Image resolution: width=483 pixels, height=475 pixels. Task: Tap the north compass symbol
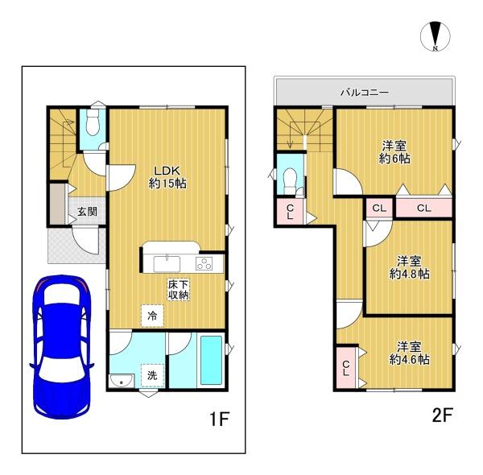(x=436, y=36)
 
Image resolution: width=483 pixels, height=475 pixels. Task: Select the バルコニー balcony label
(x=365, y=93)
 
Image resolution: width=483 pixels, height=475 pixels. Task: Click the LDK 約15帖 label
(x=167, y=177)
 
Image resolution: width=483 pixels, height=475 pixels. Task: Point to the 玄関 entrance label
(x=87, y=212)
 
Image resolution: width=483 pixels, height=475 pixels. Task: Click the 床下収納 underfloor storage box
(x=179, y=290)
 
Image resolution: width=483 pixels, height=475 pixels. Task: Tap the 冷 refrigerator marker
(x=152, y=316)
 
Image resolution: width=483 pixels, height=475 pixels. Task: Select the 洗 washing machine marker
(x=152, y=375)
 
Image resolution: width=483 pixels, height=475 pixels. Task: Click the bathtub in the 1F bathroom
(x=211, y=360)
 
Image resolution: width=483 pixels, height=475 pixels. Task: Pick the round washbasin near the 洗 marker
(x=122, y=381)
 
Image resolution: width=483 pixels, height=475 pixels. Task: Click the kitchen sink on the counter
(x=167, y=264)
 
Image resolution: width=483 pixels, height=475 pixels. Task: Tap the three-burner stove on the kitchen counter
(x=204, y=264)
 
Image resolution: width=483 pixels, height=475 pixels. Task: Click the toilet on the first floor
(x=93, y=123)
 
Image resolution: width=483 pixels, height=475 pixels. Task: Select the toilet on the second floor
(x=290, y=181)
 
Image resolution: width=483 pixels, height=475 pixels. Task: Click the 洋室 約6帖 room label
(x=394, y=152)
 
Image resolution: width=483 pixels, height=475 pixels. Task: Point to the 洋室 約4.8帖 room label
(x=409, y=267)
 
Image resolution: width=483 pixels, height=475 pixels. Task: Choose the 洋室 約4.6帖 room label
(x=409, y=353)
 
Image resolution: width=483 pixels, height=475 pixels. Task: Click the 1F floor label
(x=220, y=419)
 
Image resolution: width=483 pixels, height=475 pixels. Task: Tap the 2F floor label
(x=442, y=415)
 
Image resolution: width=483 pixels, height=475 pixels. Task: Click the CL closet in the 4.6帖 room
(x=346, y=368)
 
